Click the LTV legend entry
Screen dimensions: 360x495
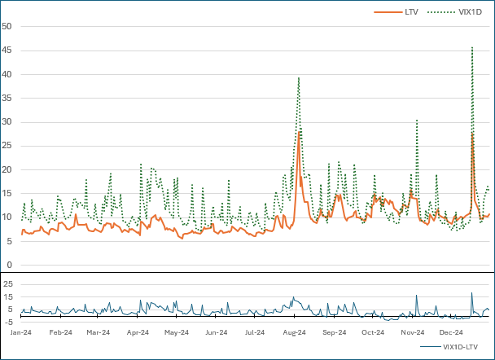click(410, 11)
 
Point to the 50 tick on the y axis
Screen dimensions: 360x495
click(7, 26)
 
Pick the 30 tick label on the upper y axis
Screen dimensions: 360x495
click(7, 122)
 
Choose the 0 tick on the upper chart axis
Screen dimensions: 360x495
click(9, 266)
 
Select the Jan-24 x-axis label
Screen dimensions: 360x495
click(21, 332)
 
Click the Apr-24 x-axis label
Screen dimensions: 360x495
click(138, 332)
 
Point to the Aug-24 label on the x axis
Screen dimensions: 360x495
click(295, 332)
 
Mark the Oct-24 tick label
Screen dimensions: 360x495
click(373, 332)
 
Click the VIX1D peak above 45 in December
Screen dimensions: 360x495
click(472, 47)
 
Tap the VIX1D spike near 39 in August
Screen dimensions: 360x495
click(299, 77)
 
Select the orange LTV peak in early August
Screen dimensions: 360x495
click(299, 131)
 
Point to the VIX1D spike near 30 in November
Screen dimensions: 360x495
click(417, 121)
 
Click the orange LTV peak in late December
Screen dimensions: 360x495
click(472, 133)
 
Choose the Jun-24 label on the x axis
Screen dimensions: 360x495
click(216, 332)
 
